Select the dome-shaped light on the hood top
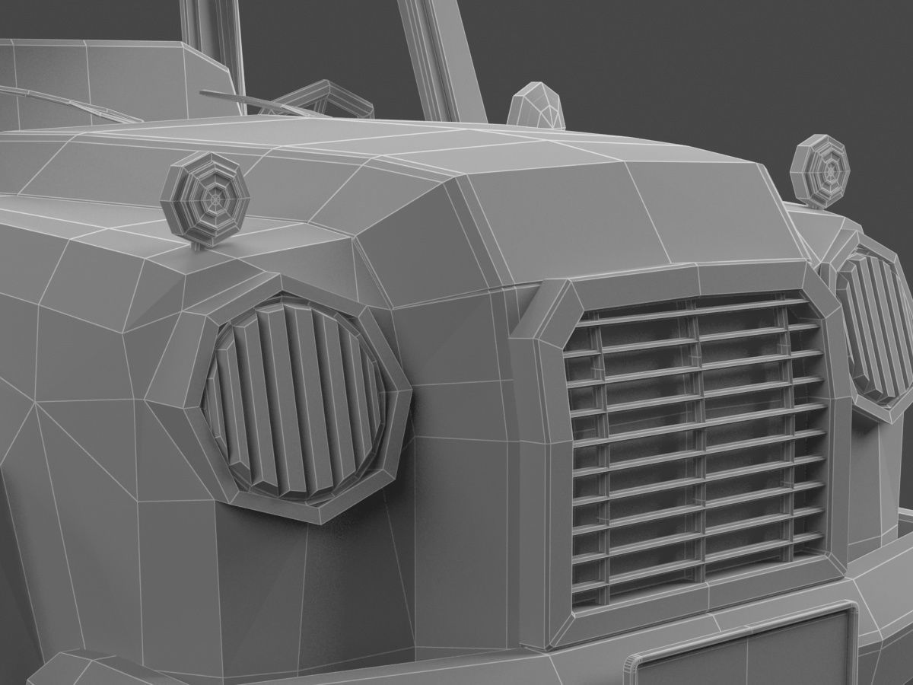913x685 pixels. coord(536,108)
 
